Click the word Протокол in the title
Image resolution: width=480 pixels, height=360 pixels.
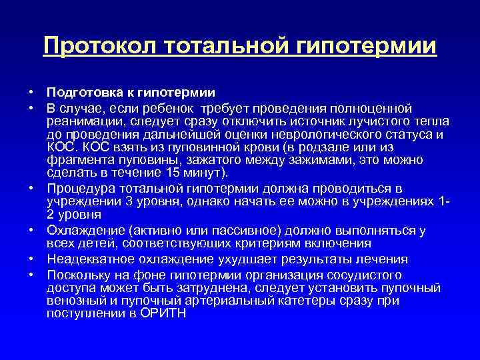(x=96, y=47)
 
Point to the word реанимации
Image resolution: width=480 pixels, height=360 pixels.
(x=81, y=121)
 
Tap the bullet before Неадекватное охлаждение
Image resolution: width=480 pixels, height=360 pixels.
(x=31, y=259)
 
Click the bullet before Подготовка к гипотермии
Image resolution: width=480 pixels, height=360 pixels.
(x=31, y=91)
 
